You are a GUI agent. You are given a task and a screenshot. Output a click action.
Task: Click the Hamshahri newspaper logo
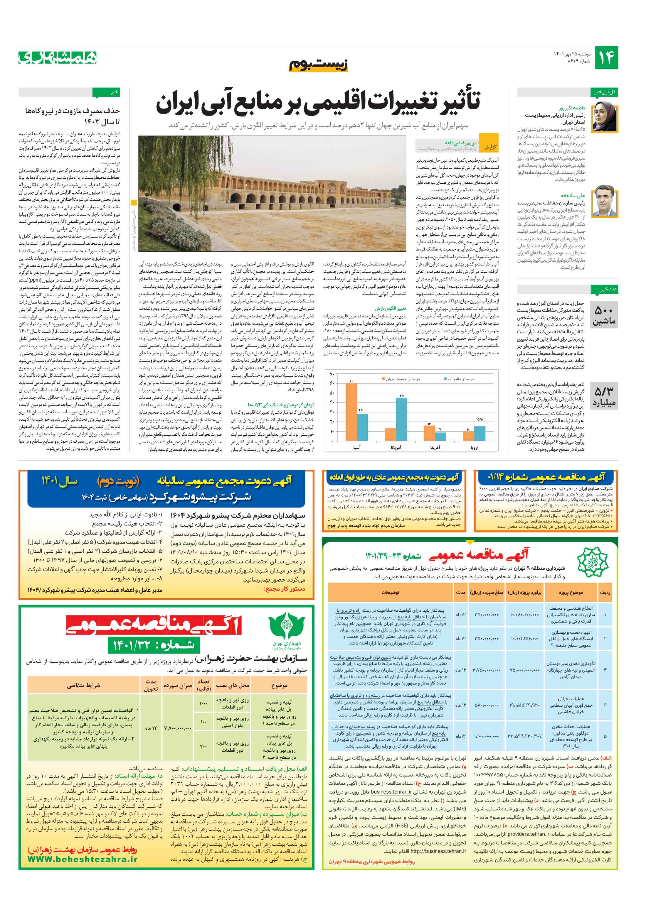coord(58,58)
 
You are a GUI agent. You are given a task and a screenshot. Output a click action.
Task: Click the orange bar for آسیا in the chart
coord(351,412)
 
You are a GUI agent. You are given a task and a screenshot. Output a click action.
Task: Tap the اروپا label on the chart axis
coord(474,447)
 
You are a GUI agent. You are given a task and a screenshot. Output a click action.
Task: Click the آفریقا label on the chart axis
coord(435,447)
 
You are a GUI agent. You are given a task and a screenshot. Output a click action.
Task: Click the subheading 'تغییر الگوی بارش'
coord(396,309)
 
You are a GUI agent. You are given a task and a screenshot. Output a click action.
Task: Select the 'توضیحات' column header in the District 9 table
coord(390,592)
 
